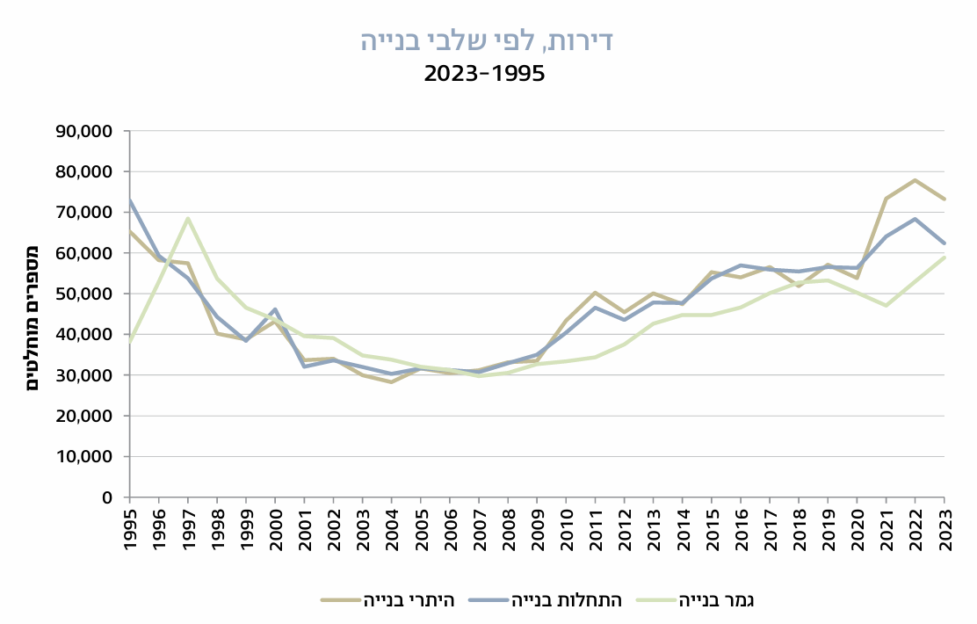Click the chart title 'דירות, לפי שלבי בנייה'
pos(486,40)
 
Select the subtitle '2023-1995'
pos(485,74)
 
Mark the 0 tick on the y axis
pos(106,497)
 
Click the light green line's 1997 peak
pos(188,218)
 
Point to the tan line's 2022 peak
pos(915,180)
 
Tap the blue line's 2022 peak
pos(915,219)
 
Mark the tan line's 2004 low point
pos(391,382)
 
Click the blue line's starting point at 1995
pos(130,200)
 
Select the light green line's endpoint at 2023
pos(944,258)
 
